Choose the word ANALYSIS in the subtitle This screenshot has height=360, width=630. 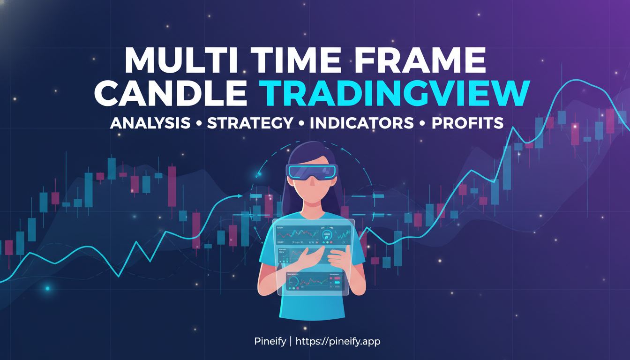tap(150, 123)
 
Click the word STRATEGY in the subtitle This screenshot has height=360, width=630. tap(250, 123)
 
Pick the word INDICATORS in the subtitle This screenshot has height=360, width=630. tap(361, 123)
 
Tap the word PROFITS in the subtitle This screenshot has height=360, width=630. tap(467, 123)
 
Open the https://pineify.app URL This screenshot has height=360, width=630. tap(339, 341)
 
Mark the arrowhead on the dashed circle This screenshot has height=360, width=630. tap(240, 196)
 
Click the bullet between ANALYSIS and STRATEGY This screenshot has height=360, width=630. tap(199, 123)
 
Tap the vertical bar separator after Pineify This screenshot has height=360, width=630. tap(290, 341)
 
